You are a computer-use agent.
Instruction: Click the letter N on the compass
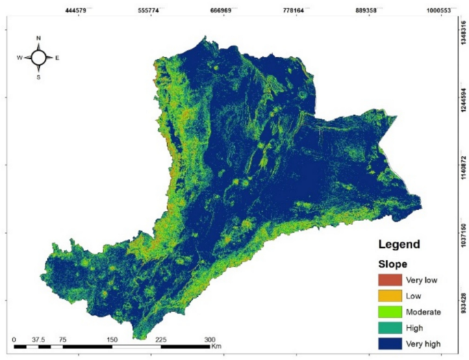[x=39, y=38]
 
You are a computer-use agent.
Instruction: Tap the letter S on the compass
[x=39, y=77]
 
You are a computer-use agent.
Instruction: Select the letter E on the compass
[x=57, y=58]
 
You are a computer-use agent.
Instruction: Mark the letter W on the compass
[x=20, y=58]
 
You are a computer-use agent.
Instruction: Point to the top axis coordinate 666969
[x=223, y=10]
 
